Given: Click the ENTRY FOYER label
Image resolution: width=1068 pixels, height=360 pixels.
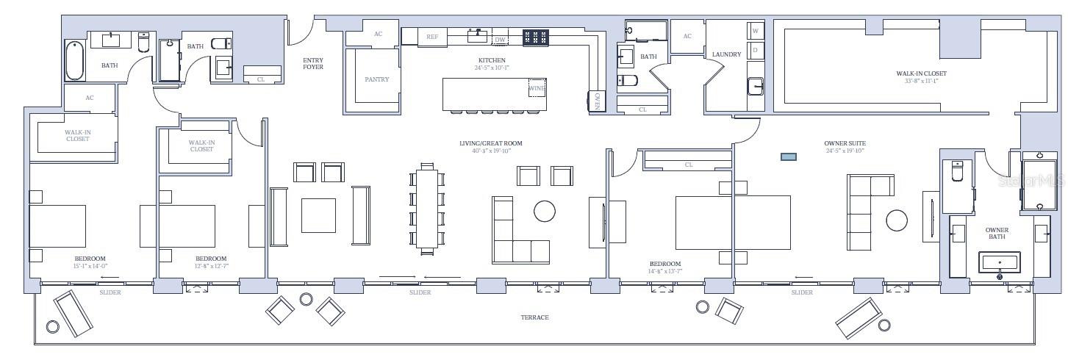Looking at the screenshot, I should coord(313,63).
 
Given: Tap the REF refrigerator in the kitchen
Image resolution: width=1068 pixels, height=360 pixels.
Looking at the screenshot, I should coord(432,37).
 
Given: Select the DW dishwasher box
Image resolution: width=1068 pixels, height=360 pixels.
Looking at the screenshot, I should coord(501,40).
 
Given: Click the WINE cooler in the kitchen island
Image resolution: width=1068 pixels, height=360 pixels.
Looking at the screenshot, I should coord(537,88).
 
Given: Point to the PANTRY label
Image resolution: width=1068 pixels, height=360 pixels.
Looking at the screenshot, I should coord(376,79).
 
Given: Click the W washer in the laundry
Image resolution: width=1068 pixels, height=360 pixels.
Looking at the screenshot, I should coord(755,31).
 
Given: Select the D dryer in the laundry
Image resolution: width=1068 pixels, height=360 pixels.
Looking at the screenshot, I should coord(755,50).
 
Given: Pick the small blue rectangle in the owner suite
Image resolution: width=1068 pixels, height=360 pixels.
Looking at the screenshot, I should coord(789,156).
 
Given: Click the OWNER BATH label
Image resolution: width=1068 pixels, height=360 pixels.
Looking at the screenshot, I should coord(997,234).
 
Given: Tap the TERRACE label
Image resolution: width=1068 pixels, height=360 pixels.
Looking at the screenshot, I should coord(534,317).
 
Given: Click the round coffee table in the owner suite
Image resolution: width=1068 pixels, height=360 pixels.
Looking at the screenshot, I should coord(897,220).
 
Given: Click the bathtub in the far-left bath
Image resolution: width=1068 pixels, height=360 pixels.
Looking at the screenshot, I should coord(75,60).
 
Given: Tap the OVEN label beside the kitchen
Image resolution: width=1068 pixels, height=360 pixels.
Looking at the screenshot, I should coord(598,102).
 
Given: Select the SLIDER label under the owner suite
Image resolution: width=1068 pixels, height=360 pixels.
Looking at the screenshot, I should coord(802,293).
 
